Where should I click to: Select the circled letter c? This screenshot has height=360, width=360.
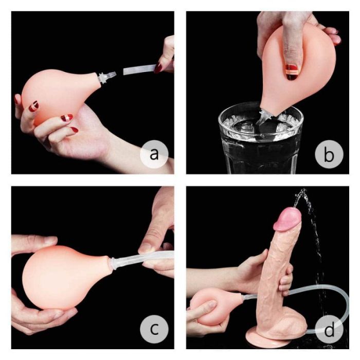pyautogui.click(x=153, y=328)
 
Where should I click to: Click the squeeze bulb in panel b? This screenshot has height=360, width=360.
pyautogui.click(x=298, y=67)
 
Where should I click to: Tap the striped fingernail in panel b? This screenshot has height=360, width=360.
pyautogui.click(x=292, y=70)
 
